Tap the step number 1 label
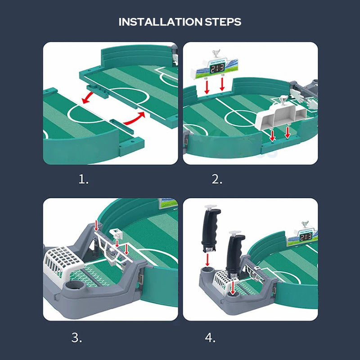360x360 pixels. [83, 180]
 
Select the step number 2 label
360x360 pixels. [217, 180]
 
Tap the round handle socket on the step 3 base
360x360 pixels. [73, 286]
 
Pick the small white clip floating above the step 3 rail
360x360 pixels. [116, 234]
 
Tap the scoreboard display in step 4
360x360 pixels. [306, 236]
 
